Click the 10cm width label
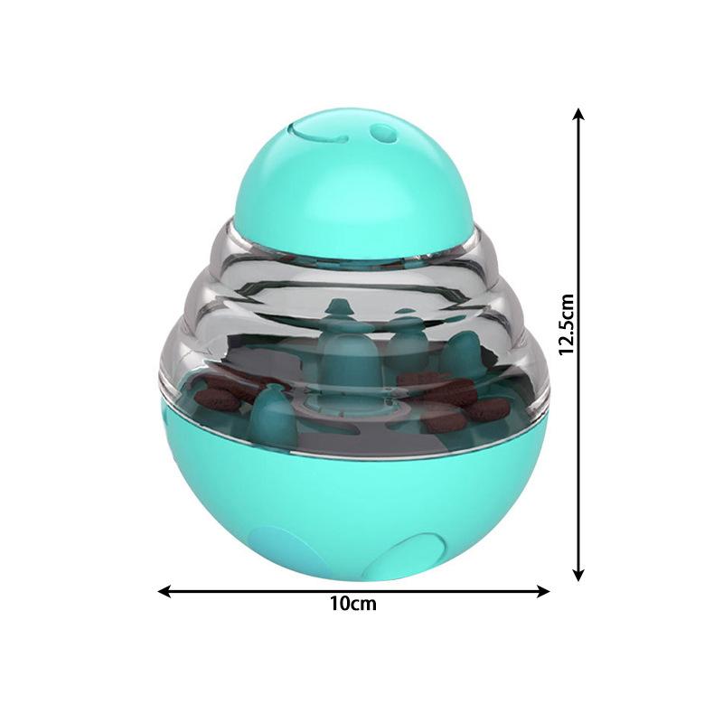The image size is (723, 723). [x=353, y=605]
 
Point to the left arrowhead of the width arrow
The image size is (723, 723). [x=164, y=591]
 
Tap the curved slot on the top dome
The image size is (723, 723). [x=323, y=136]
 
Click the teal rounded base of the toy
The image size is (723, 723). [x=352, y=506]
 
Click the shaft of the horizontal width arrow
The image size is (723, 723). [x=271, y=591]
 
